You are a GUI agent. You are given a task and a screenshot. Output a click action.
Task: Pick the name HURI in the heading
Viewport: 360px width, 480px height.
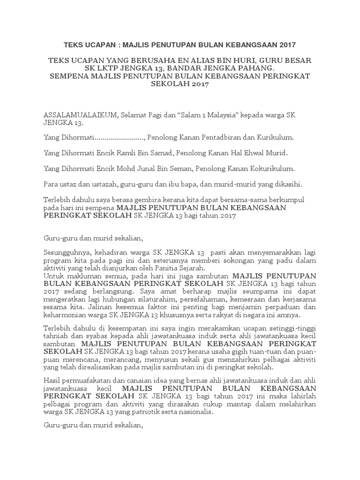click(x=240, y=60)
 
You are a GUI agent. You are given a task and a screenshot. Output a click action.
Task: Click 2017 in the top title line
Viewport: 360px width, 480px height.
click(x=286, y=45)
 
